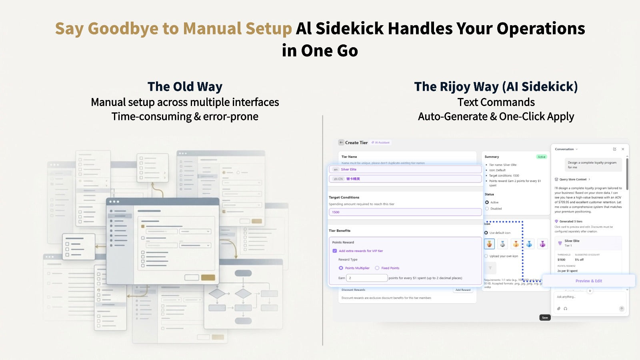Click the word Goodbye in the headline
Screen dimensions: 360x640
click(122, 29)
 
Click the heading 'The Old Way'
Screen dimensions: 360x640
click(185, 86)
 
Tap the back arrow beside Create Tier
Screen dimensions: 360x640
click(341, 142)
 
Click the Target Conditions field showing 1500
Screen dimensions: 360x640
click(405, 212)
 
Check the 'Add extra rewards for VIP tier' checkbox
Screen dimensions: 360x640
click(335, 251)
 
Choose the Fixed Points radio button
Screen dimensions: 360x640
click(377, 268)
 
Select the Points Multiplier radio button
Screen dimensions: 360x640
click(341, 268)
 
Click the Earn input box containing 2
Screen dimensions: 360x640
click(367, 278)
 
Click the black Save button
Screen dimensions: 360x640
click(545, 318)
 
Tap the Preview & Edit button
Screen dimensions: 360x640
click(588, 281)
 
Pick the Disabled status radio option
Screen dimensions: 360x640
click(487, 208)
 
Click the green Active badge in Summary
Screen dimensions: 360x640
click(542, 157)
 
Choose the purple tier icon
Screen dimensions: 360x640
click(542, 244)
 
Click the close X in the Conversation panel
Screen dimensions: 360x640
click(623, 149)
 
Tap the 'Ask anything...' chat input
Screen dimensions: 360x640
click(588, 297)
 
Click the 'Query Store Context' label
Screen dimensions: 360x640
click(573, 179)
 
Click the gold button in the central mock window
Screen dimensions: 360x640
click(208, 278)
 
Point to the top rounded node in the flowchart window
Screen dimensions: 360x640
click(243, 273)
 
